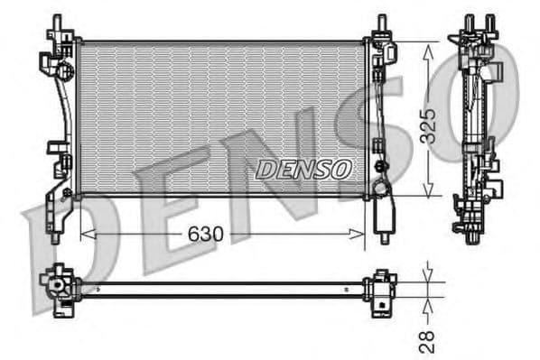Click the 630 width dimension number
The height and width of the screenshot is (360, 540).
click(x=207, y=234)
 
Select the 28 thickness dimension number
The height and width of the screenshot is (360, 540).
click(x=427, y=339)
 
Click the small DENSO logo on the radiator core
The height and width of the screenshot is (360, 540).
click(x=304, y=168)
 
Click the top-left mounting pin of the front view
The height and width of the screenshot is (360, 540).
click(x=58, y=22)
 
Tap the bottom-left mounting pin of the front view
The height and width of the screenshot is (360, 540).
click(x=56, y=236)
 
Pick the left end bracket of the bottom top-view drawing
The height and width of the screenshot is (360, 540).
click(x=59, y=288)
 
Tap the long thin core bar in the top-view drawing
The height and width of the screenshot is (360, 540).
click(x=221, y=289)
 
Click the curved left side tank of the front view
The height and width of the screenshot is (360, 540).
click(x=61, y=126)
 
